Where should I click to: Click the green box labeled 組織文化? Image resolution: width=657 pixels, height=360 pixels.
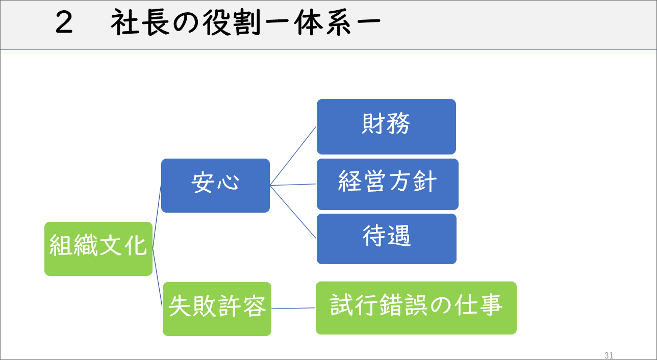pos(98,249)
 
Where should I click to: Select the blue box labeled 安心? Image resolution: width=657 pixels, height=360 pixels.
pos(215,185)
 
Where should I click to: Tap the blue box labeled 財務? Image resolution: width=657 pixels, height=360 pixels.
pos(386,126)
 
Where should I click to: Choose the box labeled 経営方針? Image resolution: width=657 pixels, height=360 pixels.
pos(388,184)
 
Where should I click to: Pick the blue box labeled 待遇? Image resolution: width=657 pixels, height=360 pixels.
pos(387,239)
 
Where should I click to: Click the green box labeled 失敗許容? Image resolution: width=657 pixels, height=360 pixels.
pos(217,308)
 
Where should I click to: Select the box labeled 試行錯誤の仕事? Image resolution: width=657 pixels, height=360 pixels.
pos(416,308)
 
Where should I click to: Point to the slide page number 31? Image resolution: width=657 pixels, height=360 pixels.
pos(609,355)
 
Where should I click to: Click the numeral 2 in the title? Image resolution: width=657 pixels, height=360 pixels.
pos(64,22)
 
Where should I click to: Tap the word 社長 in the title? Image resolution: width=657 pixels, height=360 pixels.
pos(140,22)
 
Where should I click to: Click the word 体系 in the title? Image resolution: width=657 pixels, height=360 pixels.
pos(322,22)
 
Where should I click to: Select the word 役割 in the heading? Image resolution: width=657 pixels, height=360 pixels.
pos(232,22)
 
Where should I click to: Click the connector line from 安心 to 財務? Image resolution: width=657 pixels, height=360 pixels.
pos(293,156)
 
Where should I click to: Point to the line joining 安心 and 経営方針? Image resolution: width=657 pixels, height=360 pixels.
pos(293,185)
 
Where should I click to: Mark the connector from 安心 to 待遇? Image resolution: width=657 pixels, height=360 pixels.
pos(293,212)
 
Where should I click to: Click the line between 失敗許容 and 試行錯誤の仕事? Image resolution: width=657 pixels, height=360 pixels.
pos(293,308)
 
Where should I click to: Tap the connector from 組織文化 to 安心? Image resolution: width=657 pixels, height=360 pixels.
pos(157,217)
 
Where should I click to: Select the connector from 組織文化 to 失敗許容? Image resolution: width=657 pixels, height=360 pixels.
pos(158,278)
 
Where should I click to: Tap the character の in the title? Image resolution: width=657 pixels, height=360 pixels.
pos(186,23)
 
